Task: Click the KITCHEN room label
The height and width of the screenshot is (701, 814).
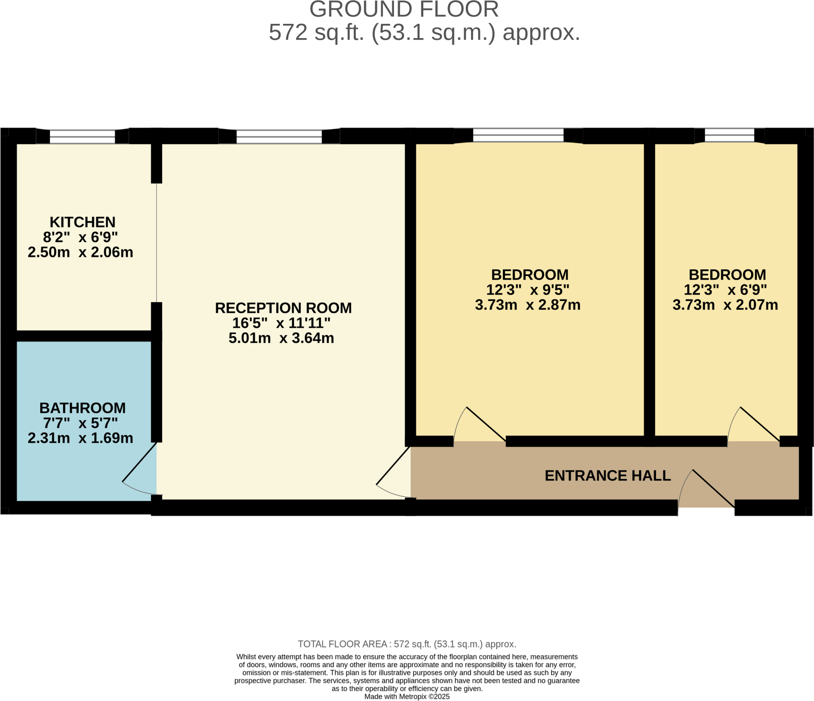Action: click(82, 222)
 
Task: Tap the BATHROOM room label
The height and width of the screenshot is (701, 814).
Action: click(82, 408)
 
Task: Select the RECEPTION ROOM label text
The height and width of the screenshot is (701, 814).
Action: click(283, 308)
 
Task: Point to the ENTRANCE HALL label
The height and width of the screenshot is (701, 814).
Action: click(607, 475)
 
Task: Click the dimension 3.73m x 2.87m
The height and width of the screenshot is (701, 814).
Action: click(527, 305)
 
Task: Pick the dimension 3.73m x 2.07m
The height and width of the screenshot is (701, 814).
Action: click(725, 305)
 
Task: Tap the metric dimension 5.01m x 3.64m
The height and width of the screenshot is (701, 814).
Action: click(281, 338)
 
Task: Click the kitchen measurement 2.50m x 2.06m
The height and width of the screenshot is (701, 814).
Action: click(80, 252)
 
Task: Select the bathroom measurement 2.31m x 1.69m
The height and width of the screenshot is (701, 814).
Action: click(80, 438)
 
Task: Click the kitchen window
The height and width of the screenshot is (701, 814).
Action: click(82, 136)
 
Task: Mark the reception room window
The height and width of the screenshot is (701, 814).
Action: click(279, 136)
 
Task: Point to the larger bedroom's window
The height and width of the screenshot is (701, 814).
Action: click(518, 135)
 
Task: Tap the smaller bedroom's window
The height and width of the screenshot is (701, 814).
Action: click(729, 135)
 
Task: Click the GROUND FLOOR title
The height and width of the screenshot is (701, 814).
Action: click(404, 10)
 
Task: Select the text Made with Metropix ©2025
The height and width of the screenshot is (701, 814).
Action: click(407, 696)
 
